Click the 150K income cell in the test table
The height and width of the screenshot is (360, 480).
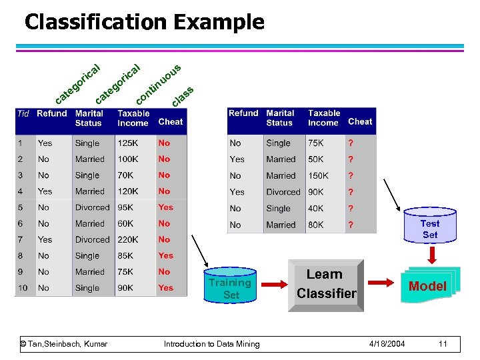(318, 175)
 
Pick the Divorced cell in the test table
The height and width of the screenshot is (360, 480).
(283, 192)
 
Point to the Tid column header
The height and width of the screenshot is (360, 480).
(23, 114)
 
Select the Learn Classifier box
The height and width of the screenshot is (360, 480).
(326, 285)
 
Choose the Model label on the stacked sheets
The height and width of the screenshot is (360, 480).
(427, 286)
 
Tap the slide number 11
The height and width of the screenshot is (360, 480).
(442, 343)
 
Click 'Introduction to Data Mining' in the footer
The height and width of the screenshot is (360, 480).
(212, 343)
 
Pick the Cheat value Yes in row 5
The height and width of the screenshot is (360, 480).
(165, 207)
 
